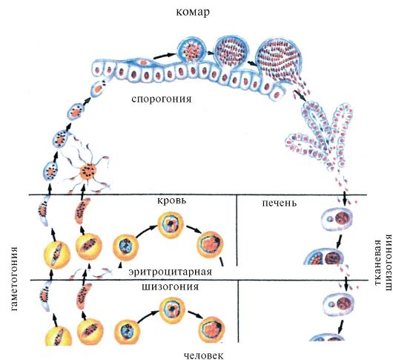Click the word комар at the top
pyautogui.click(x=193, y=12)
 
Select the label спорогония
pyautogui.click(x=162, y=99)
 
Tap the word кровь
pyautogui.click(x=172, y=200)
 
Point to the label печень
pyautogui.click(x=280, y=203)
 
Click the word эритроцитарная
pyautogui.click(x=171, y=272)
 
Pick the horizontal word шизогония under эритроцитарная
pyautogui.click(x=171, y=287)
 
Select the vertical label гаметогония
pyautogui.click(x=15, y=278)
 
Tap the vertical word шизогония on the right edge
pyautogui.click(x=388, y=262)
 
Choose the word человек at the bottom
pyautogui.click(x=203, y=355)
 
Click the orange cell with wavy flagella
pyautogui.click(x=87, y=171)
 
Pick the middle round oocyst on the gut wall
pyautogui.click(x=231, y=52)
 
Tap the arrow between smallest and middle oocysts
pyautogui.click(x=209, y=53)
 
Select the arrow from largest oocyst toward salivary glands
pyautogui.click(x=300, y=96)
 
